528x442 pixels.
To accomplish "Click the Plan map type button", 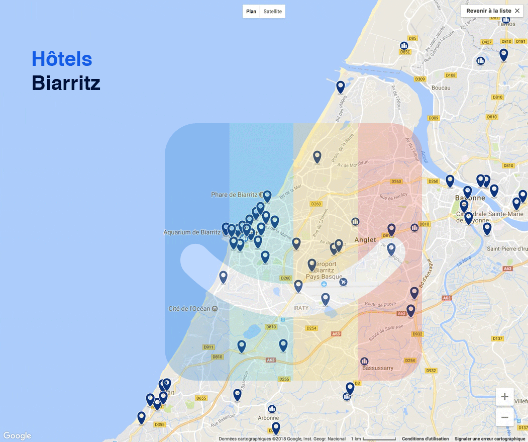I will (x=251, y=12).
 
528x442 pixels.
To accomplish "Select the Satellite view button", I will (x=273, y=12).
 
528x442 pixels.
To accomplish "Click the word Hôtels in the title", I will (x=62, y=59).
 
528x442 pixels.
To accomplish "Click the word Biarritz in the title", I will (x=66, y=83).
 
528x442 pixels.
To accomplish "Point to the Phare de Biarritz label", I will (x=234, y=195).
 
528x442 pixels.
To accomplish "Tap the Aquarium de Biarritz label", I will (x=192, y=232).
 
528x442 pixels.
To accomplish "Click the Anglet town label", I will (x=365, y=240).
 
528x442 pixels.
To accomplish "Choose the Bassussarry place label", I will (x=378, y=368).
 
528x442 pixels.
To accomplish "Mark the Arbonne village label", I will (x=268, y=418).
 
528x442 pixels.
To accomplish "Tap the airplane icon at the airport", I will (x=343, y=282).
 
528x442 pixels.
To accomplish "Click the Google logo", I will (x=18, y=436).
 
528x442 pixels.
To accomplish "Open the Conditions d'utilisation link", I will (x=425, y=439).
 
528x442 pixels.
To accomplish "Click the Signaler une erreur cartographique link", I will (x=490, y=439).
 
